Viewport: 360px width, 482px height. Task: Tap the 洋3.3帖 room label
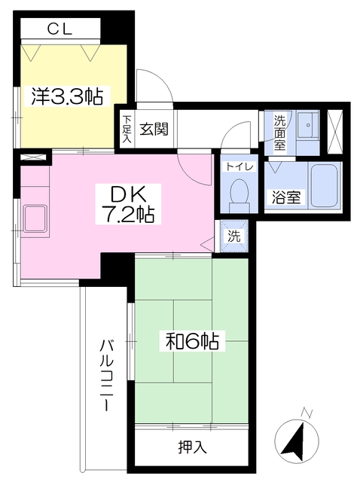67,96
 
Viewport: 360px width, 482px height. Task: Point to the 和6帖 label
192,341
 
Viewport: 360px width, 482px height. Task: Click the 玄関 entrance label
154,129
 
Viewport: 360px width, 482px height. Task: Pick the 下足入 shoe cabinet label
127,129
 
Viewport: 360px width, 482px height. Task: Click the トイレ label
239,167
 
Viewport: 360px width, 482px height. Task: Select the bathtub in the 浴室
325,187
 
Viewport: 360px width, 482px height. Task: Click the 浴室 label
286,197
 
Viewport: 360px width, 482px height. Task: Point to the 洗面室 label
279,133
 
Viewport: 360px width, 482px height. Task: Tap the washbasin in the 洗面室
308,125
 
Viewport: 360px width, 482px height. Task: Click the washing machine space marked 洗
234,236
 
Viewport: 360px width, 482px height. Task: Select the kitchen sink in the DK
36,218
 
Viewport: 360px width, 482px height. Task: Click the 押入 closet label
192,447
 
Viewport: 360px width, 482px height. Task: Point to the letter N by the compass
307,413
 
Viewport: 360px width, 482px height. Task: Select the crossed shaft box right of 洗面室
334,131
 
